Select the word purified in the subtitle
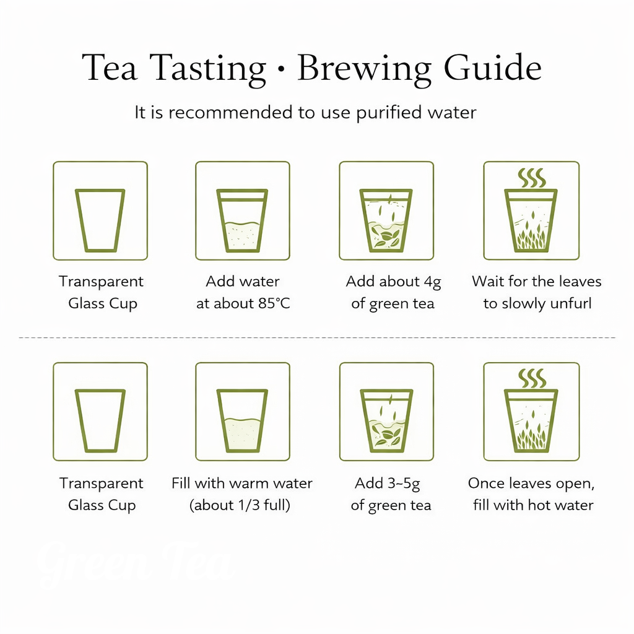[x=389, y=113]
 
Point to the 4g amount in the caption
[x=432, y=282]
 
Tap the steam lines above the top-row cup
[x=531, y=178]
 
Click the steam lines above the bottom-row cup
[x=531, y=378]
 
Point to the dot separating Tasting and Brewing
[x=282, y=69]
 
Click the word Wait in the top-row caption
[x=487, y=282]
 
